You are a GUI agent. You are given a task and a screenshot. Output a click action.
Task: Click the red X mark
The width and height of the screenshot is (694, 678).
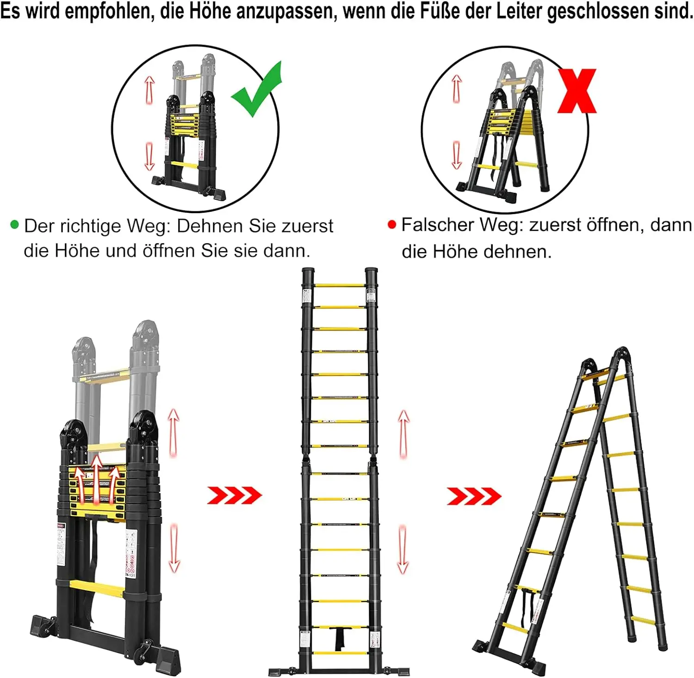click(x=576, y=91)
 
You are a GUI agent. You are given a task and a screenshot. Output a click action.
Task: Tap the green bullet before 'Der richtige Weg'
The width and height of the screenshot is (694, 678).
click(x=14, y=225)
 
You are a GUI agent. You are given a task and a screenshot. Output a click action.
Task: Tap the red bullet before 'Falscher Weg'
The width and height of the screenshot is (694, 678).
click(x=392, y=225)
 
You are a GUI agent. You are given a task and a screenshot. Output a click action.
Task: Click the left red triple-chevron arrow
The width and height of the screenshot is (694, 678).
click(x=234, y=495)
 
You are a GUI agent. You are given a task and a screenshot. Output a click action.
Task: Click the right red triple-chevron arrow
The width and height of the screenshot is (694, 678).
click(x=474, y=496)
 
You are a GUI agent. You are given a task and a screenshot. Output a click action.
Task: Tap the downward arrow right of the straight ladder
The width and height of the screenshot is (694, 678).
click(x=403, y=549)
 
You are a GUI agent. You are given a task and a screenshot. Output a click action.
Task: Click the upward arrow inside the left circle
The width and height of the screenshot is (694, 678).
click(x=149, y=90)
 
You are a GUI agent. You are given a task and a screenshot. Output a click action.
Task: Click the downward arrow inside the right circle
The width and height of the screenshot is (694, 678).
click(x=457, y=155)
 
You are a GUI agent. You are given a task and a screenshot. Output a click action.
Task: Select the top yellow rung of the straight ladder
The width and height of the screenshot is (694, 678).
click(x=340, y=285)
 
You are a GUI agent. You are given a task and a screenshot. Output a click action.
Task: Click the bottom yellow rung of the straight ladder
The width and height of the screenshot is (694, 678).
click(x=340, y=653)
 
